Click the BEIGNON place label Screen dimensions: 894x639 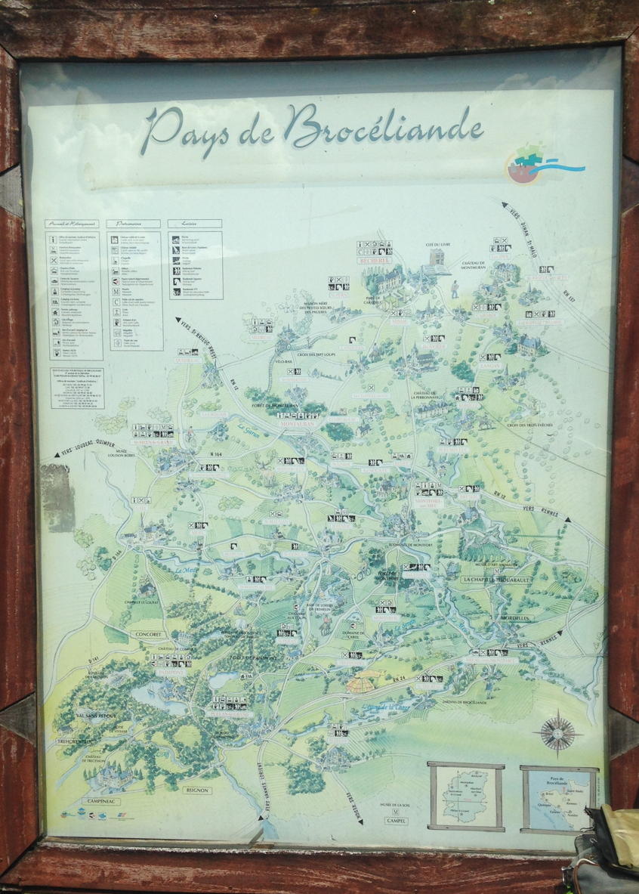pyautogui.click(x=196, y=790)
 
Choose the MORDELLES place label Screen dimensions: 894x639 pyautogui.click(x=516, y=617)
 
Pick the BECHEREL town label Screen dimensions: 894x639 pyautogui.click(x=374, y=260)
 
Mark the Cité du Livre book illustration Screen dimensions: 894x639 pyautogui.click(x=437, y=259)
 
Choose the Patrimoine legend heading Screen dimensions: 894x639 pyautogui.click(x=134, y=224)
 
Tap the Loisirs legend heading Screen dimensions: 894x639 pyautogui.click(x=195, y=224)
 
